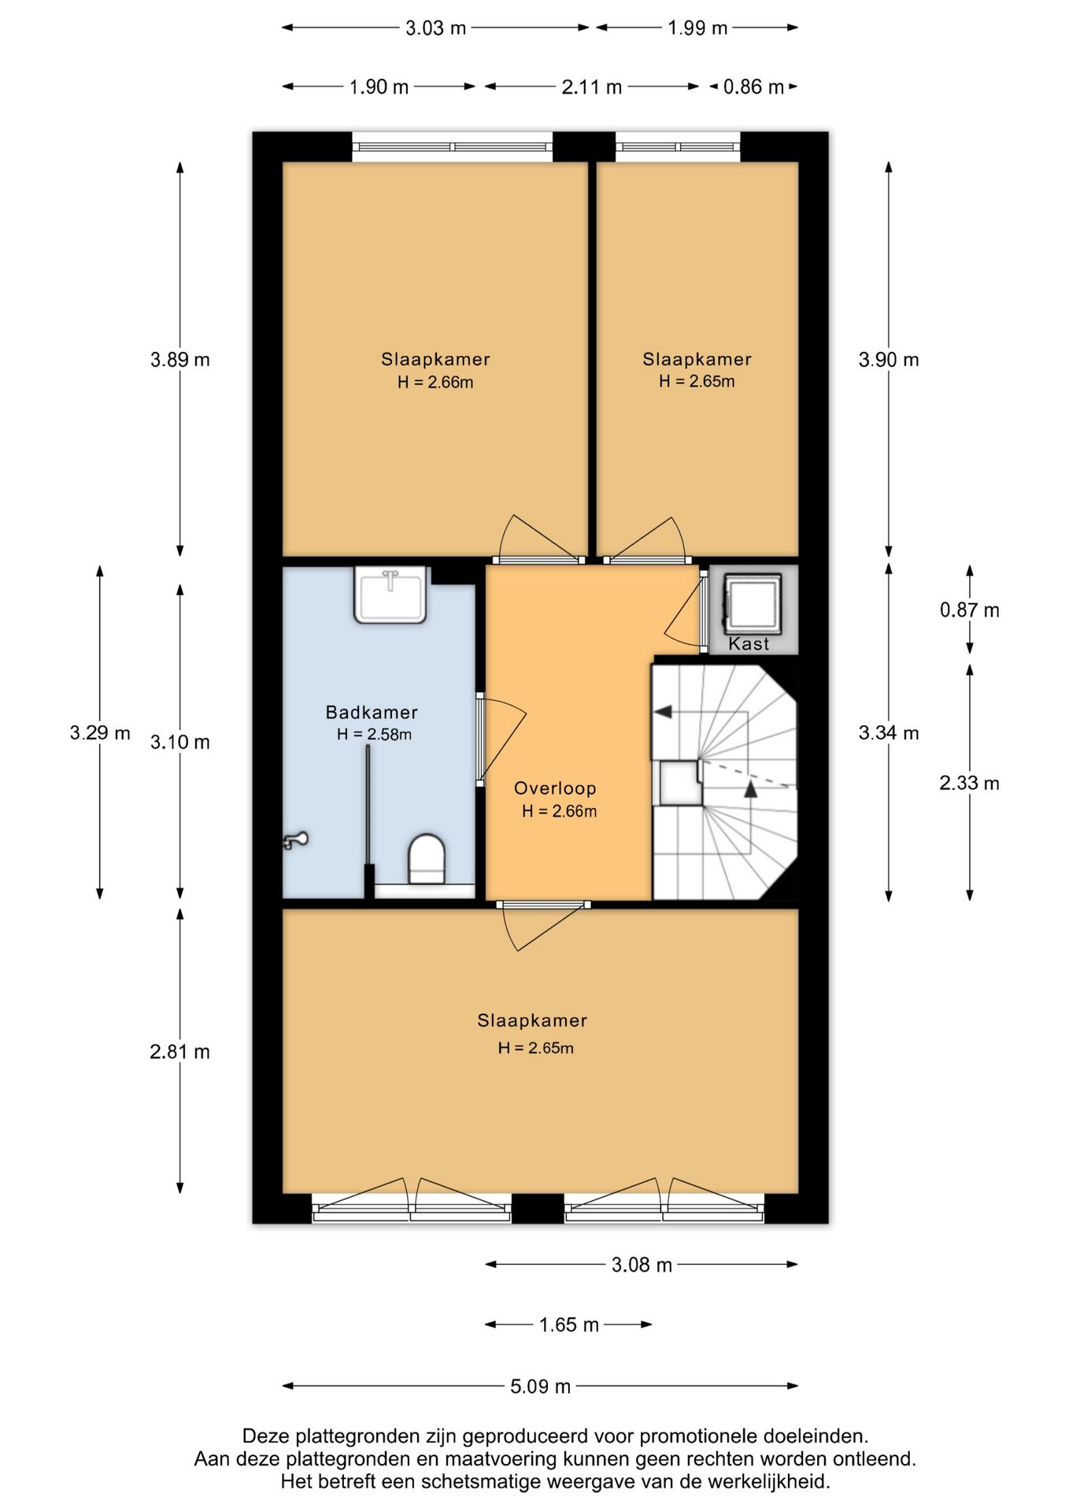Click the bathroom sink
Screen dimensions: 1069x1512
click(390, 595)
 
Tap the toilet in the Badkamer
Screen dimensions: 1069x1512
click(427, 859)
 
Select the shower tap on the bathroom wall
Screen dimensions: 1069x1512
click(294, 840)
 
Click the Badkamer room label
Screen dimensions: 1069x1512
click(372, 712)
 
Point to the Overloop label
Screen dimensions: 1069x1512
click(555, 788)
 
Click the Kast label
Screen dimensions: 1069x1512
click(749, 644)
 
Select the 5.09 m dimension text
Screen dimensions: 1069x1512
click(540, 1386)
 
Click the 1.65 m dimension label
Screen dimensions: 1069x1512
click(568, 1325)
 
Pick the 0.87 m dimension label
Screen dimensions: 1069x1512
click(969, 610)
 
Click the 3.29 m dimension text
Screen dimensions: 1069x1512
click(100, 732)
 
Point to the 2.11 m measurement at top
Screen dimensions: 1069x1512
click(591, 87)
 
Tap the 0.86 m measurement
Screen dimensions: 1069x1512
click(753, 87)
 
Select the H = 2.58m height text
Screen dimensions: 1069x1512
click(374, 735)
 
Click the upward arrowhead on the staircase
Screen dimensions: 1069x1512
click(751, 788)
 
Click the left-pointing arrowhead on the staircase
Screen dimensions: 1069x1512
click(663, 712)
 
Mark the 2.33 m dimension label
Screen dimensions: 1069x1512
click(969, 783)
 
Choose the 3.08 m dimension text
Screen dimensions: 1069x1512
click(642, 1265)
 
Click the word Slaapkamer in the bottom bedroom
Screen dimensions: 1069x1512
click(532, 1021)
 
